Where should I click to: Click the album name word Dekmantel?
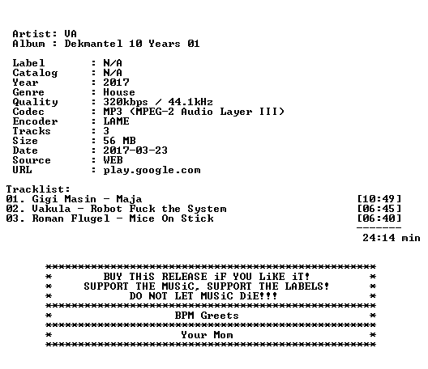(x=93, y=44)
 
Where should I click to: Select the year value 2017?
(x=116, y=83)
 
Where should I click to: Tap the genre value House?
(x=119, y=92)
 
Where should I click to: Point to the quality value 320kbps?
(x=126, y=102)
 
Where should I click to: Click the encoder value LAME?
(x=116, y=121)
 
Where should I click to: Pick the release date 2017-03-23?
(x=135, y=151)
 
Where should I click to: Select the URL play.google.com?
(x=152, y=170)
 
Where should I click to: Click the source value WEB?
(x=113, y=160)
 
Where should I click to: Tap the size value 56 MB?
(x=119, y=141)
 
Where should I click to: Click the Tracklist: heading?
(x=38, y=189)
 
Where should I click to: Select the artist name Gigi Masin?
(x=64, y=199)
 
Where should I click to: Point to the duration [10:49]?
(x=379, y=199)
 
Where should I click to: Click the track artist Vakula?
(x=51, y=209)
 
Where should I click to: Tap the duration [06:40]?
(x=379, y=218)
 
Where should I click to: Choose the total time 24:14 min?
(x=392, y=238)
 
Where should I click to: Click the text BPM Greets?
(x=207, y=316)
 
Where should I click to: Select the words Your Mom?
(x=207, y=335)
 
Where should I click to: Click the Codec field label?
(x=28, y=112)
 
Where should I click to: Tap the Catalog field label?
(x=35, y=73)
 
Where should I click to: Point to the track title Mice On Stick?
(x=171, y=218)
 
